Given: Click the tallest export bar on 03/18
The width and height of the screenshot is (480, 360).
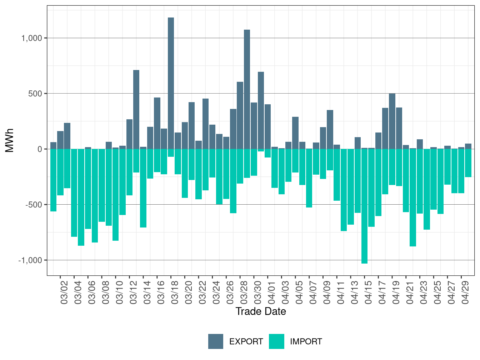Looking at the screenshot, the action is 171,83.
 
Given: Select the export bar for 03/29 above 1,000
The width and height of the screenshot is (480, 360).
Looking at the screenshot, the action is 247,89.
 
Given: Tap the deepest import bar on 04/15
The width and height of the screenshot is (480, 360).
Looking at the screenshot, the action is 364,206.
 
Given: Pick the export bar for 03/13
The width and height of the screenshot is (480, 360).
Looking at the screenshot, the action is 136,110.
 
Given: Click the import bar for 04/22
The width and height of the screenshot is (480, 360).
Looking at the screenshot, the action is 412,197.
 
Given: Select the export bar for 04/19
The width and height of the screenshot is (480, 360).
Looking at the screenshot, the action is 392,121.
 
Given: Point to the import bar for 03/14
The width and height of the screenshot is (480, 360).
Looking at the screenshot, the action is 143,188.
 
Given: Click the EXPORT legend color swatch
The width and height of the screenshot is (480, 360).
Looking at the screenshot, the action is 216,341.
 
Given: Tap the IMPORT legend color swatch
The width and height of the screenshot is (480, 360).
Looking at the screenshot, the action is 276,341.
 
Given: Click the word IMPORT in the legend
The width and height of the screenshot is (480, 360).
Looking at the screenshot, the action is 306,341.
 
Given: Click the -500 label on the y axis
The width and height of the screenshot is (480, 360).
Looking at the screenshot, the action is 34,205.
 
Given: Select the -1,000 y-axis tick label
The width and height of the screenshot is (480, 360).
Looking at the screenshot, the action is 30,260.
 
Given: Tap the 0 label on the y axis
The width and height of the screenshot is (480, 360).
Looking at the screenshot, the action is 40,149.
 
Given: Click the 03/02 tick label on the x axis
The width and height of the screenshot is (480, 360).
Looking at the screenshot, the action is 64,292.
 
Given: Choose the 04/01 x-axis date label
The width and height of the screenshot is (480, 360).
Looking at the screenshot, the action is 271,292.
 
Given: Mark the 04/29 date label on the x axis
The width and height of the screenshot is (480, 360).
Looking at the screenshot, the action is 465,292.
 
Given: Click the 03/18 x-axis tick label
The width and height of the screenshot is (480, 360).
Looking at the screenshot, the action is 175,292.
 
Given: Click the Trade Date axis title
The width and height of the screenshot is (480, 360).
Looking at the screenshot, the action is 261,311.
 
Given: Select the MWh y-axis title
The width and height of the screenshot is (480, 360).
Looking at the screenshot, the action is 9,140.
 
